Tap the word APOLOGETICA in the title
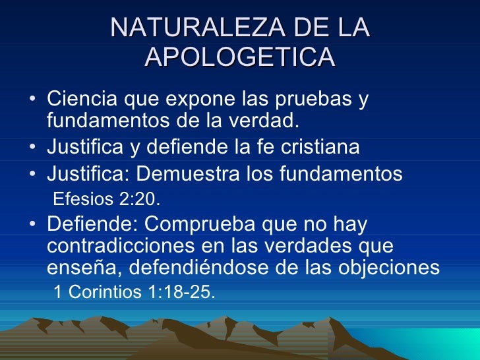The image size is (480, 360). [x=240, y=57]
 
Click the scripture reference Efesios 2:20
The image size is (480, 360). [x=105, y=198]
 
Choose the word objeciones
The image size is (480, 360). [x=386, y=268]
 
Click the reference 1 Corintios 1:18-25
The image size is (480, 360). [x=133, y=292]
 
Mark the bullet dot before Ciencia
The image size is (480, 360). [x=33, y=101]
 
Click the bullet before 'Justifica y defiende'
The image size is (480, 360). [x=33, y=148]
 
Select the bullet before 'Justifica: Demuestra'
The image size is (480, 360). [x=33, y=175]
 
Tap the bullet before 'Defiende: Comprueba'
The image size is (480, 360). [x=33, y=225]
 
